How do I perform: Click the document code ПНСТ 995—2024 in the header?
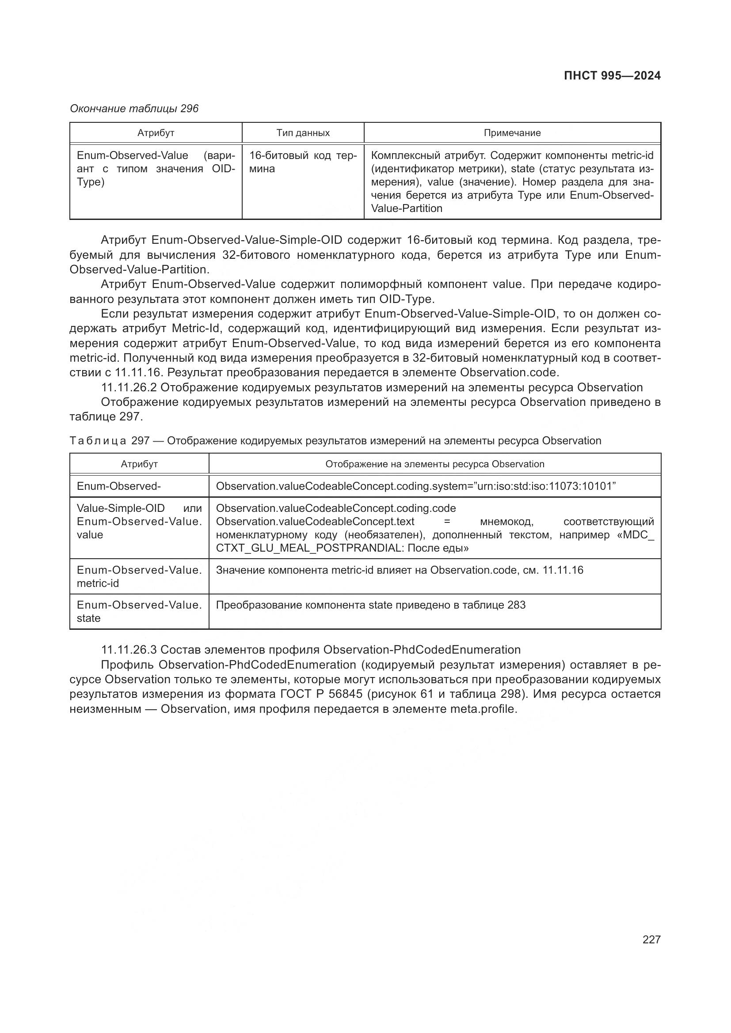(x=612, y=76)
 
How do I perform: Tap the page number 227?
(x=651, y=939)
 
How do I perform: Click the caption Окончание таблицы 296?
(x=134, y=109)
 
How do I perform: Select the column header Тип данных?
(x=303, y=133)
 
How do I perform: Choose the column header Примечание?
(x=512, y=133)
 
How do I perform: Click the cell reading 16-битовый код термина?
(x=303, y=162)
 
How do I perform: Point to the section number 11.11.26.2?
(x=129, y=387)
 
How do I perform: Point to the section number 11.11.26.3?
(x=129, y=650)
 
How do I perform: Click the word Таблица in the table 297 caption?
(x=98, y=441)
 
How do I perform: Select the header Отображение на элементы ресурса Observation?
(x=435, y=464)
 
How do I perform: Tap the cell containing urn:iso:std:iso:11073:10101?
(x=416, y=486)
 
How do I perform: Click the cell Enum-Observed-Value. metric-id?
(x=139, y=576)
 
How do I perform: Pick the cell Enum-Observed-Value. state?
(x=139, y=611)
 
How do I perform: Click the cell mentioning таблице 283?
(x=371, y=605)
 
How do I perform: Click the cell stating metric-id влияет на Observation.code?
(x=400, y=570)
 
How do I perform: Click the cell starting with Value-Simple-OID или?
(x=139, y=522)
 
